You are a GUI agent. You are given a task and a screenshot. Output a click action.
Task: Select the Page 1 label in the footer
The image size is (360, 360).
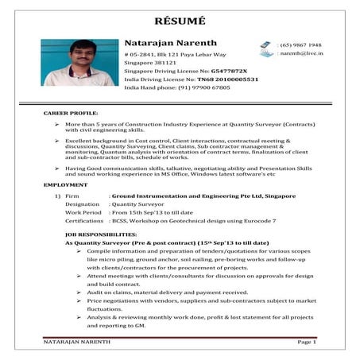click(307, 343)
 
